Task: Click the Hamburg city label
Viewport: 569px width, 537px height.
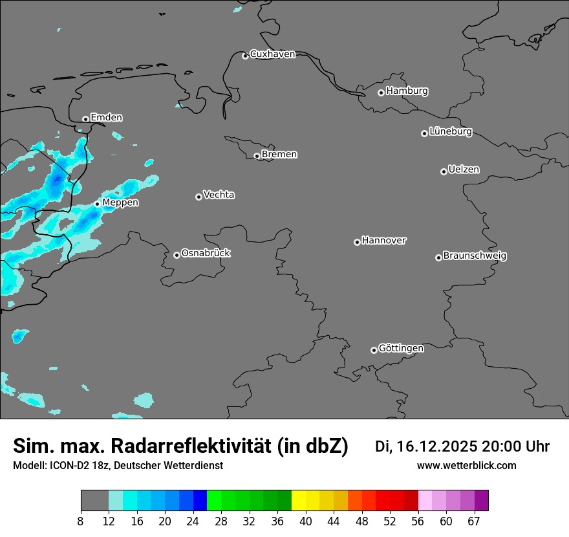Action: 407,91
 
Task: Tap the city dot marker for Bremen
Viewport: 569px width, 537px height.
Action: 257,156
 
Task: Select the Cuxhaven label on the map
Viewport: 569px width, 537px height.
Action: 272,54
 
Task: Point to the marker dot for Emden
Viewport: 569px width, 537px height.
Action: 85,119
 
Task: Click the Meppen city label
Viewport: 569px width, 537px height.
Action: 120,203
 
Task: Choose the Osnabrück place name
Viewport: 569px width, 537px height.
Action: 206,253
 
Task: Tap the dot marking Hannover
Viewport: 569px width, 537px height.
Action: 357,242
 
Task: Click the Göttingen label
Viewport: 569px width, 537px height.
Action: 401,348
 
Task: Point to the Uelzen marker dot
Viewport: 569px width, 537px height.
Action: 444,171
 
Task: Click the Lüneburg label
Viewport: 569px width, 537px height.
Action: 450,131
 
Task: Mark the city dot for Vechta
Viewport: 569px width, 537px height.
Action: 199,197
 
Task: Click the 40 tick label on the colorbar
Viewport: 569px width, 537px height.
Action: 305,521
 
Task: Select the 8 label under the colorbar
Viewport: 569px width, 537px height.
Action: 80,521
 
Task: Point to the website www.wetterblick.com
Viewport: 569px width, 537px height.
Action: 466,465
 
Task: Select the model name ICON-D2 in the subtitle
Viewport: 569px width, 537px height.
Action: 70,465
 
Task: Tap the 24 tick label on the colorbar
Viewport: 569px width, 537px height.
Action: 193,521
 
